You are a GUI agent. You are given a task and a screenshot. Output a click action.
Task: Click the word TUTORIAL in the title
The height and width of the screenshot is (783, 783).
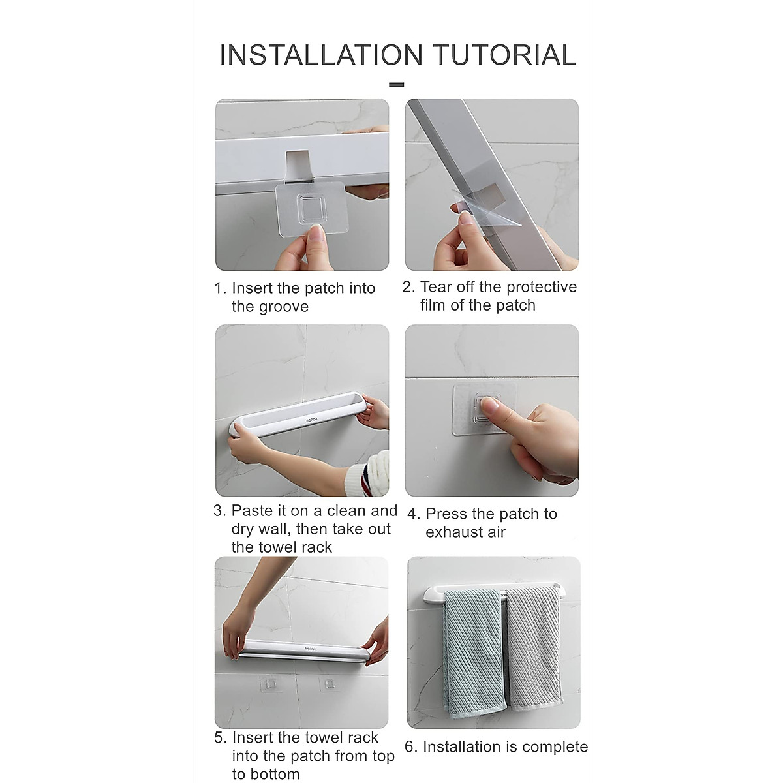[x=506, y=55]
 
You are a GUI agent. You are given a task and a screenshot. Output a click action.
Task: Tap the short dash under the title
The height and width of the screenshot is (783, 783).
[x=396, y=85]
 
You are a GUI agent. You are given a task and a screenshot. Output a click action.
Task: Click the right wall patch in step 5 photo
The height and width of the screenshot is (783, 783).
[x=328, y=683]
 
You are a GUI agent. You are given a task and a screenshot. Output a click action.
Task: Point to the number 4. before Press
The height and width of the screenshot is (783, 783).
[x=413, y=514]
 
